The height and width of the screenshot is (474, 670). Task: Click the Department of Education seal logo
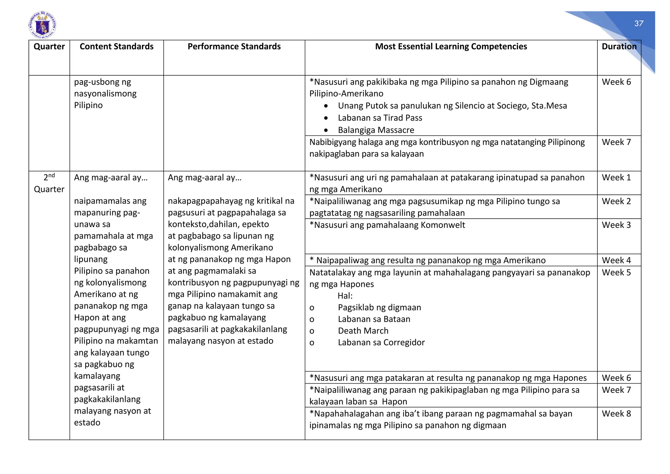pos(43,25)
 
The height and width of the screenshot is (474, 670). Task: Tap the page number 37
pos(639,24)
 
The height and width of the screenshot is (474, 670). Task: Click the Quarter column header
pos(49,46)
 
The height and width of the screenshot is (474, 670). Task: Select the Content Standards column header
pos(116,46)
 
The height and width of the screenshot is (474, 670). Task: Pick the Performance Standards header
pos(234,46)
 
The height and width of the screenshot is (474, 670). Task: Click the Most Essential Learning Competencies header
pos(451,46)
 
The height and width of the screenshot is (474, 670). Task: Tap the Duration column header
pos(619,46)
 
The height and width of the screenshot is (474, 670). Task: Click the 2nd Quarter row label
pos(49,183)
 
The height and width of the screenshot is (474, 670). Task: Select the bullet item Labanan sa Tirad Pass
pos(380,118)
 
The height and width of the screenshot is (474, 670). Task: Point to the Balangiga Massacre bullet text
pos(376,130)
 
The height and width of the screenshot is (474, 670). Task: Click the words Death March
pos(363,331)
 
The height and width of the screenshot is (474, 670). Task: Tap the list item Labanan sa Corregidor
pos(381,342)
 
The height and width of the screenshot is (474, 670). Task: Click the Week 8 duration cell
pos(616,413)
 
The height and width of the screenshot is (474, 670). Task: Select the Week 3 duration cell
pos(616,225)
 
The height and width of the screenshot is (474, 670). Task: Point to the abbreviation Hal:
pos(345,296)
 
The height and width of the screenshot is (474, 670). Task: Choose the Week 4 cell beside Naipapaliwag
pos(616,260)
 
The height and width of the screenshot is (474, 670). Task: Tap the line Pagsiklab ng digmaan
pos(379,307)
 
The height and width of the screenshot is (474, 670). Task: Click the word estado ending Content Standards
pos(87,422)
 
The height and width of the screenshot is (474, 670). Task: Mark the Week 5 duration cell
pos(616,272)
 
